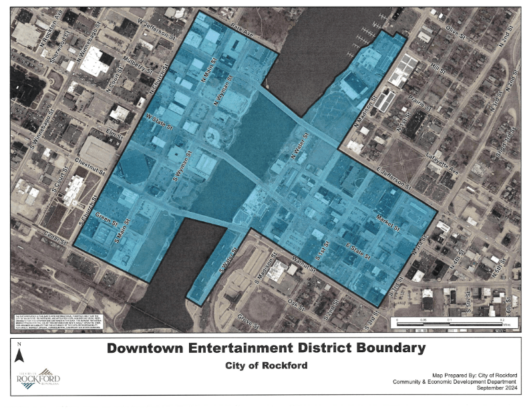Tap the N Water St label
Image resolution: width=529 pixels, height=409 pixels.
302,148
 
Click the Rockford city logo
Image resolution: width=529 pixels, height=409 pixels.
39,378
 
